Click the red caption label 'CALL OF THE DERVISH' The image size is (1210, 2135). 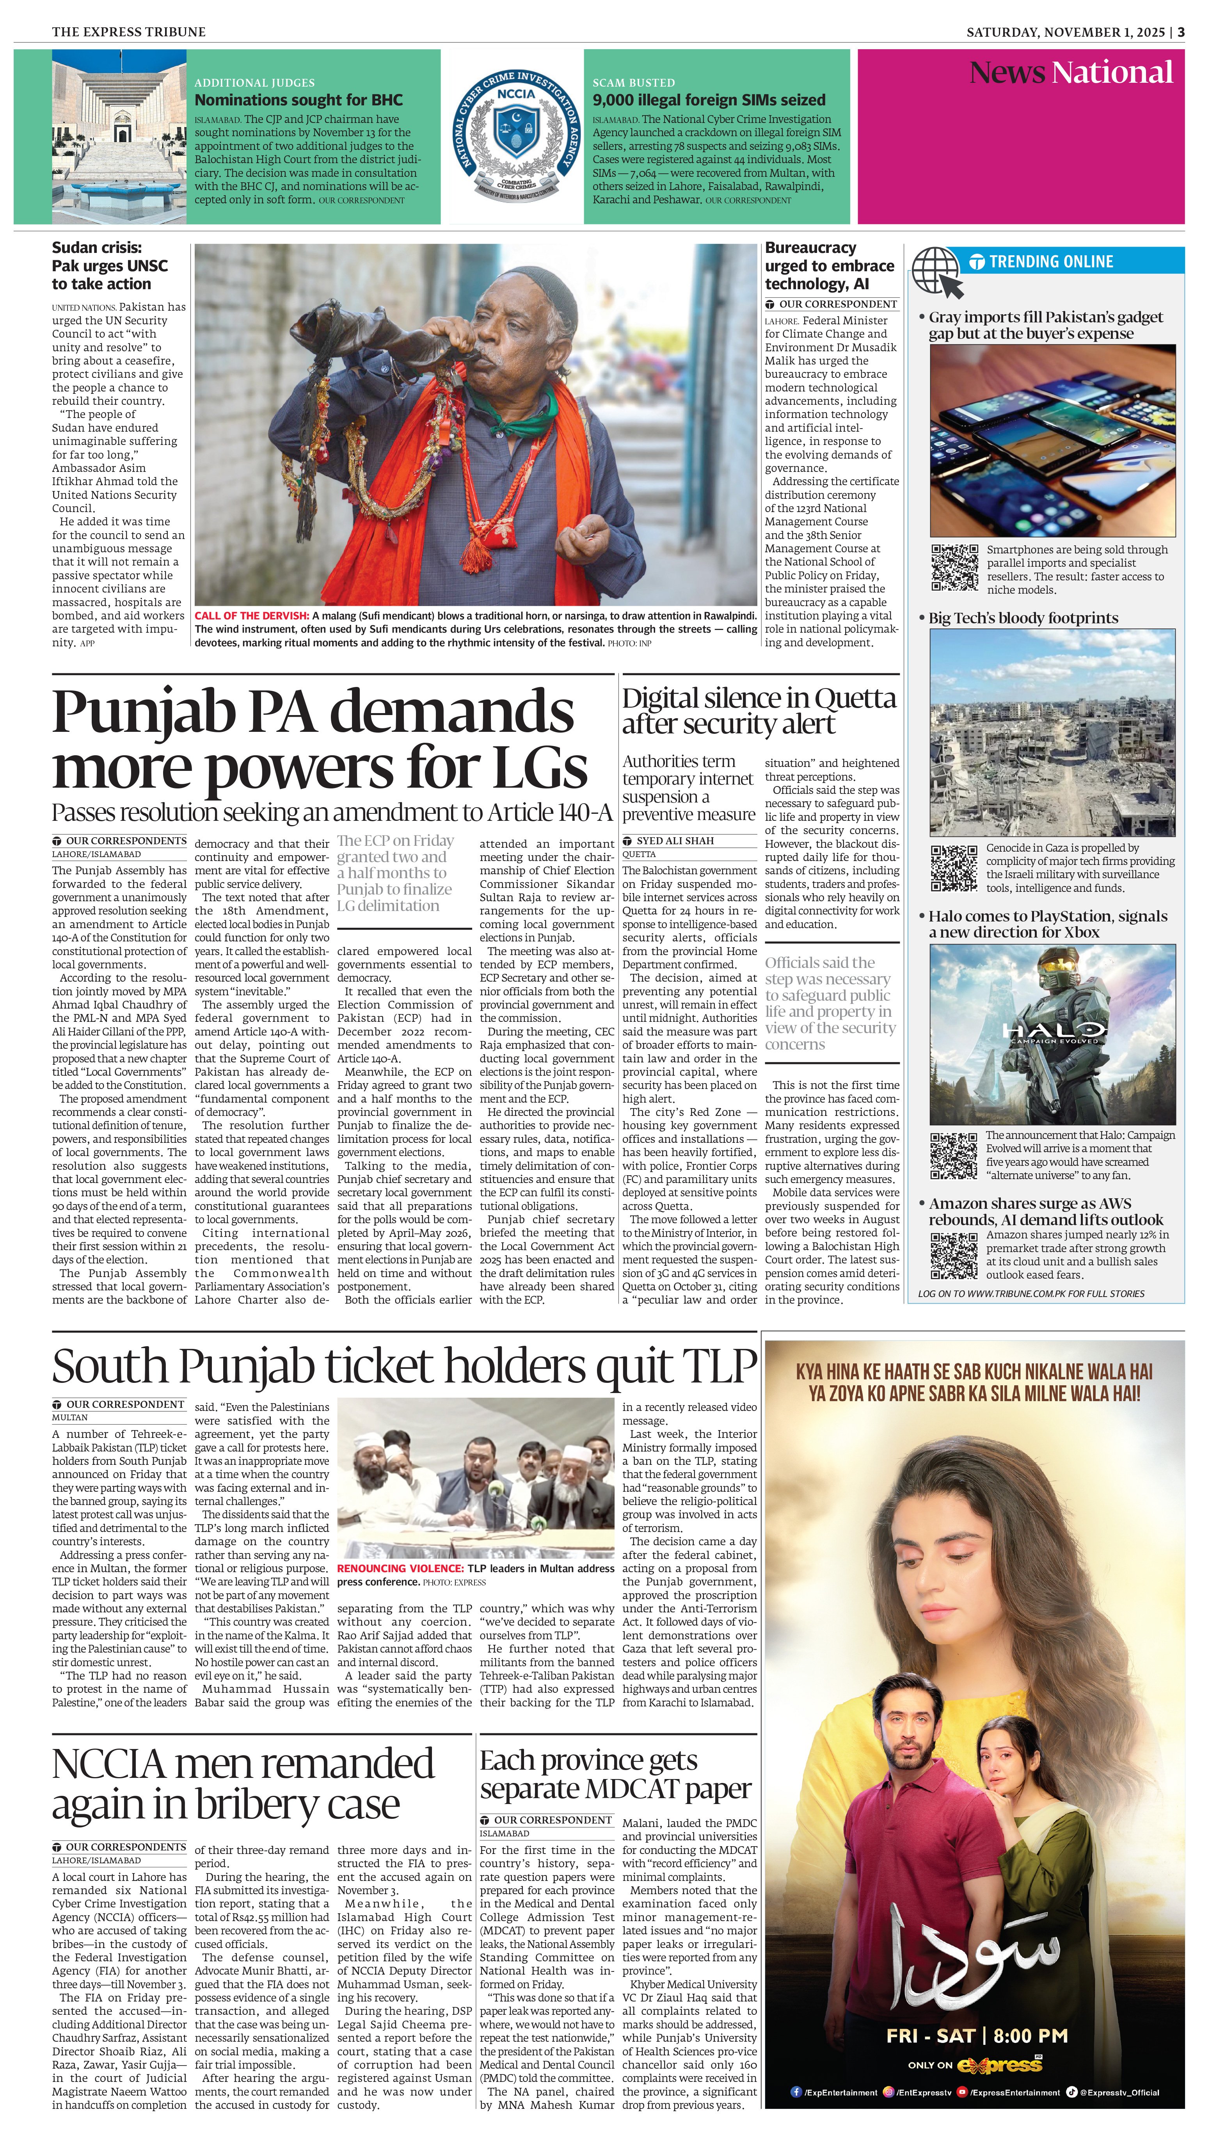(x=251, y=616)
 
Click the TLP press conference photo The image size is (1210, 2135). (x=475, y=1479)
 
